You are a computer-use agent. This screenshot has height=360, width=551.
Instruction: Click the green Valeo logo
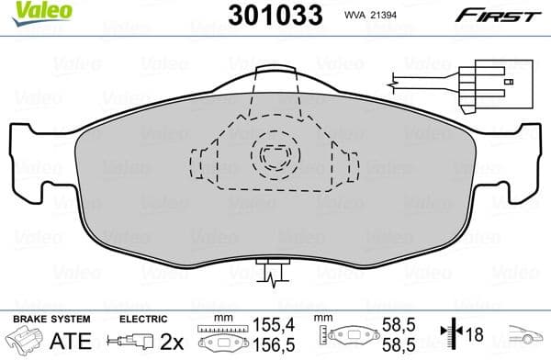click(x=26, y=12)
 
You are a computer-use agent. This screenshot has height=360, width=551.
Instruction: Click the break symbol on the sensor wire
click(x=393, y=85)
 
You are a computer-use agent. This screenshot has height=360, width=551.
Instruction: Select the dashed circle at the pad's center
click(x=275, y=158)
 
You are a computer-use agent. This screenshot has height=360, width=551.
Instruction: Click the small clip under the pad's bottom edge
click(x=273, y=272)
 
